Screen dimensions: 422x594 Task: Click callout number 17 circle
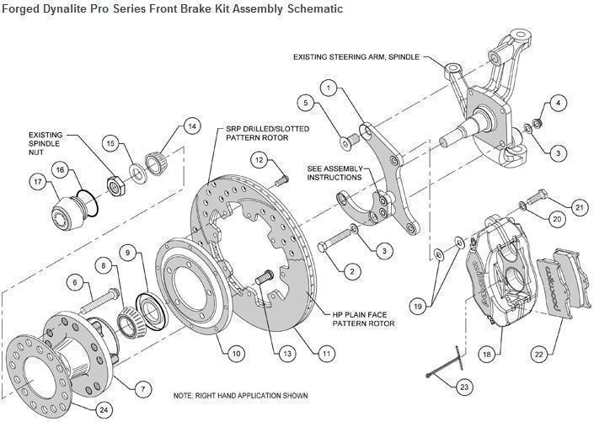[x=38, y=181]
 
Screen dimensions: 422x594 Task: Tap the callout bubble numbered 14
[x=192, y=126]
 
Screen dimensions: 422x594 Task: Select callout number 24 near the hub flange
[x=104, y=409]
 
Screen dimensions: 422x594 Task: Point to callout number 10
[x=237, y=353]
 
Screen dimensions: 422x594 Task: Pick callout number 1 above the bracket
[x=329, y=87]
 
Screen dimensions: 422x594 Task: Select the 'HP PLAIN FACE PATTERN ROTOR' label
[x=361, y=318]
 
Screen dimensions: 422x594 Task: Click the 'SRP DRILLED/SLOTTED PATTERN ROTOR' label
[x=267, y=134]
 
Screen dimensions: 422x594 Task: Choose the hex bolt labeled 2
[x=334, y=243]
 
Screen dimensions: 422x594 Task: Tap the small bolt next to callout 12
[x=281, y=176]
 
